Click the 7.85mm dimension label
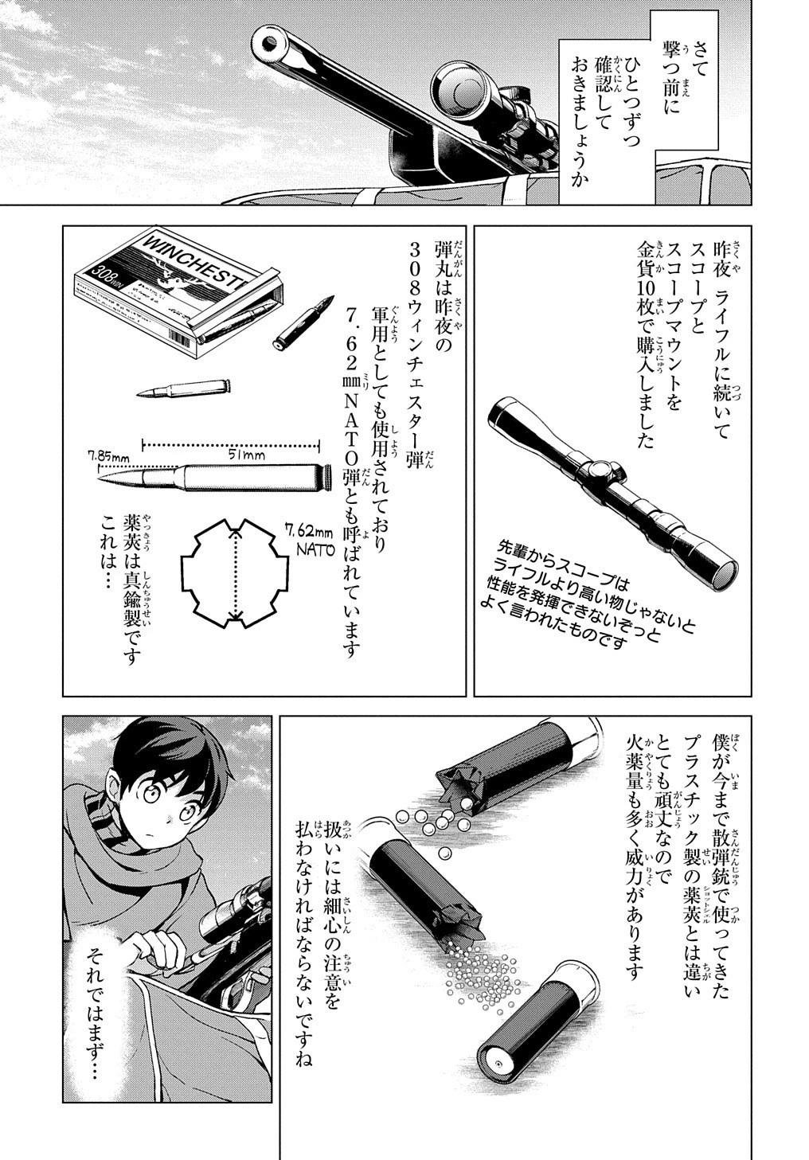(x=108, y=457)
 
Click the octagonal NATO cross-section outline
(x=233, y=572)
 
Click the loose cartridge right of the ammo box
(x=303, y=323)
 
